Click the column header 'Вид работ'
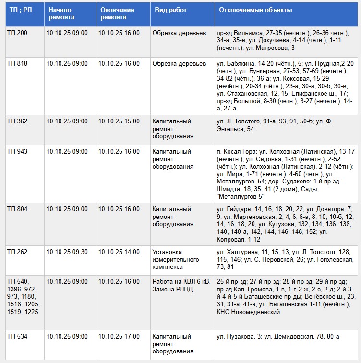pos(170,10)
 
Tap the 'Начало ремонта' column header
pos(61,13)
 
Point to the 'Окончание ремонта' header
pos(117,13)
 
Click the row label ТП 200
pos(17,33)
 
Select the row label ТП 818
pos(17,64)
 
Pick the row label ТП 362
pos(17,121)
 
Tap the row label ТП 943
pos(17,152)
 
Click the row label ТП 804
pos(17,209)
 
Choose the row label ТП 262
pos(17,252)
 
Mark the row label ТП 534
pos(17,337)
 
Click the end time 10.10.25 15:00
pos(119,121)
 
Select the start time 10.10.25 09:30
pos(67,252)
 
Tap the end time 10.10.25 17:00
pos(119,337)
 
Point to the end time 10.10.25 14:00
pos(119,252)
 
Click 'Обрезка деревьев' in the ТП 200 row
pos(179,33)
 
